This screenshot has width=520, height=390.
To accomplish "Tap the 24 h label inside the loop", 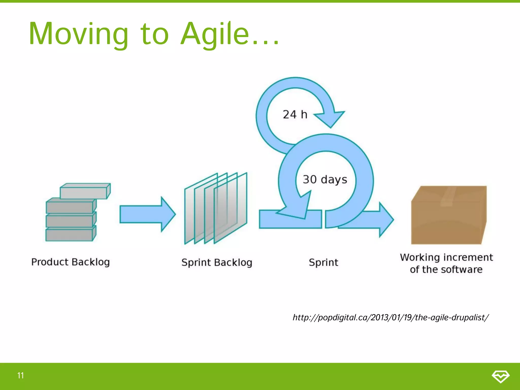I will point(295,115).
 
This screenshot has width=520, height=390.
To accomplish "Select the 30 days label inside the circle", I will point(325,180).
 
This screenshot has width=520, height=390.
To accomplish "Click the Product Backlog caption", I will point(71,262).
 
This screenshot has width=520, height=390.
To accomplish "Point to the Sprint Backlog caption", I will point(217,263).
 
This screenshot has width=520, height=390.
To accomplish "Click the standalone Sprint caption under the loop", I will point(323,263).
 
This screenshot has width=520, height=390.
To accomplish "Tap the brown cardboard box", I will point(448,221).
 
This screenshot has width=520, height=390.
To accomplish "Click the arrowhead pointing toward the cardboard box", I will point(386,219).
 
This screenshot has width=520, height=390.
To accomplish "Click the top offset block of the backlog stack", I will point(85,191).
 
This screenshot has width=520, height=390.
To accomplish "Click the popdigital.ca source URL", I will point(391,317).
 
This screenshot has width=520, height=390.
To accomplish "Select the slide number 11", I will point(21,375).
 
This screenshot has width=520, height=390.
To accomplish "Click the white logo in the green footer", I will point(500,376).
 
